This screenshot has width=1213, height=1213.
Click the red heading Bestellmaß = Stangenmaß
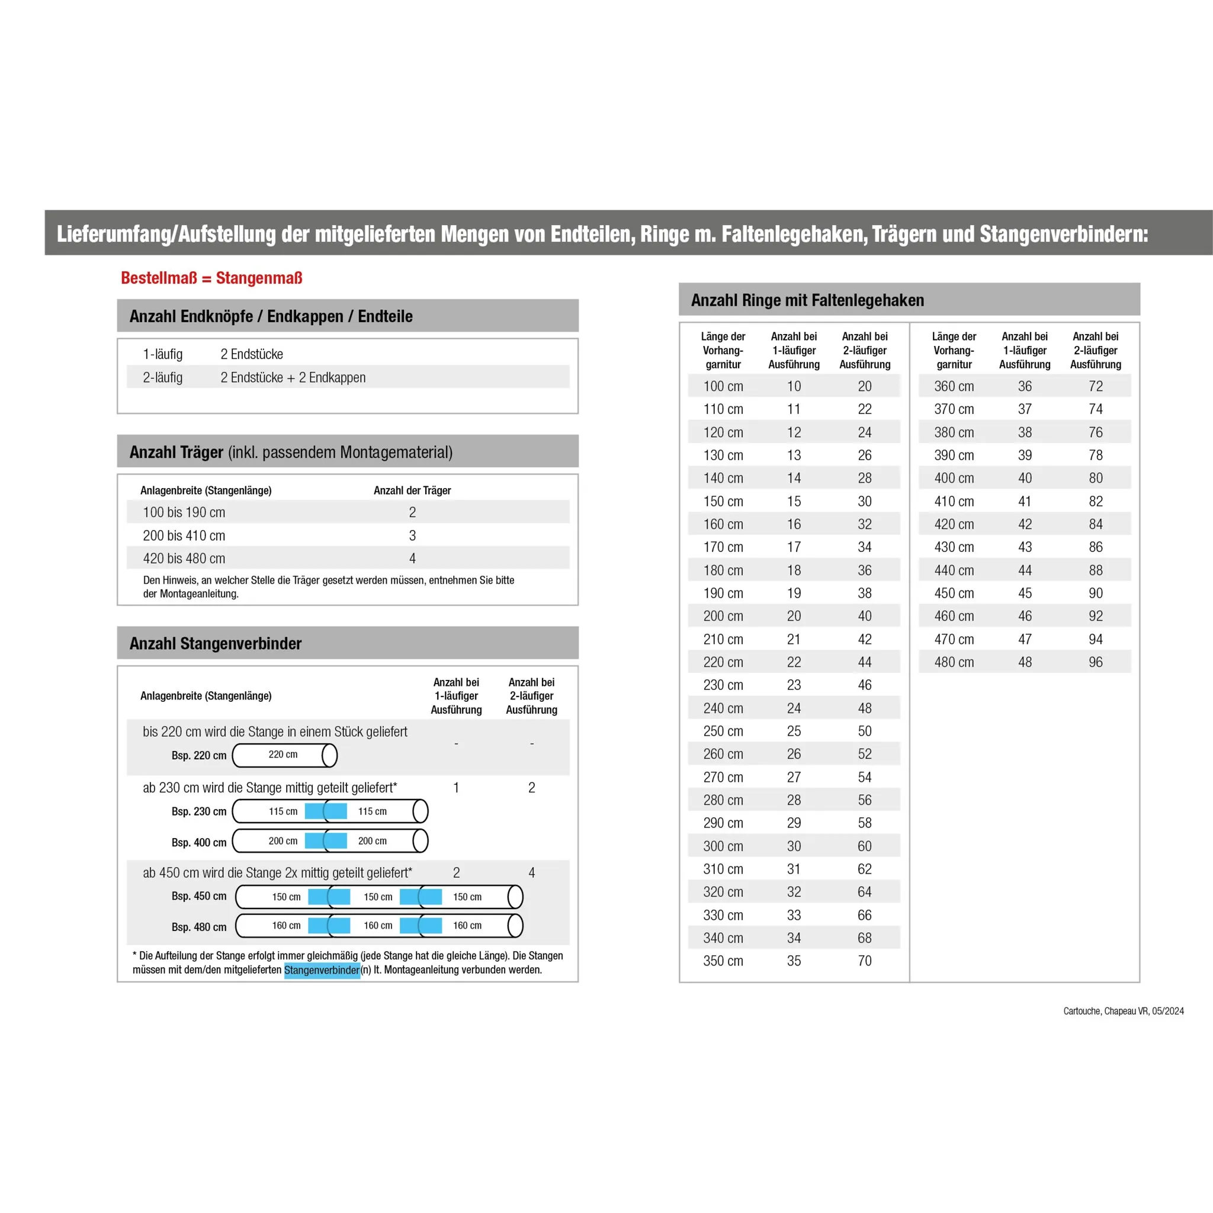pyautogui.click(x=211, y=278)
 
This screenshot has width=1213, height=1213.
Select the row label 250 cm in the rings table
pyautogui.click(x=723, y=731)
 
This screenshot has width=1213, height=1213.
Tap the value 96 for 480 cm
pyautogui.click(x=1096, y=662)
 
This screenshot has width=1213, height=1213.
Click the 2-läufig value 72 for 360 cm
pyautogui.click(x=1096, y=387)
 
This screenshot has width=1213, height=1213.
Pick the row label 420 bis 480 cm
pyautogui.click(x=184, y=559)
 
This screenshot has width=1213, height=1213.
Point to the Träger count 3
pyautogui.click(x=412, y=535)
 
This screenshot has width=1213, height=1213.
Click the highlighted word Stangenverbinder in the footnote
pyautogui.click(x=322, y=970)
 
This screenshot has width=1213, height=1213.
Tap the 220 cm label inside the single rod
pyautogui.click(x=283, y=755)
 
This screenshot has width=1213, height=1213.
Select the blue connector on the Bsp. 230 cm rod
pyautogui.click(x=326, y=811)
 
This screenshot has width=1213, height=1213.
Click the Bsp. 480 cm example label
pyautogui.click(x=199, y=928)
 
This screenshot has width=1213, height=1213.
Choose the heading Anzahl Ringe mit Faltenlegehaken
pyautogui.click(x=807, y=300)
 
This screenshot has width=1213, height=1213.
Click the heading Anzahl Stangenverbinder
pyautogui.click(x=216, y=644)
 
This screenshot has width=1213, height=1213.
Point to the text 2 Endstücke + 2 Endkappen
pyautogui.click(x=293, y=378)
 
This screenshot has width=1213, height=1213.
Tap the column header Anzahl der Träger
pyautogui.click(x=412, y=490)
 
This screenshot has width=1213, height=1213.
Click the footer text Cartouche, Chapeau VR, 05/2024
pyautogui.click(x=1123, y=1012)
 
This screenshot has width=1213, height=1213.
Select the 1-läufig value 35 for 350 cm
pyautogui.click(x=794, y=961)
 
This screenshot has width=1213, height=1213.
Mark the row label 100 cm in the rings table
pyautogui.click(x=723, y=387)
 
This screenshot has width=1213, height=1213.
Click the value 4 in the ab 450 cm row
pyautogui.click(x=532, y=872)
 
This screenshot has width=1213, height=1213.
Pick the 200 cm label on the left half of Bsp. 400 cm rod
pyautogui.click(x=283, y=841)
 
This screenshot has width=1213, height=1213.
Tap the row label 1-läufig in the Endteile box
pyautogui.click(x=163, y=354)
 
